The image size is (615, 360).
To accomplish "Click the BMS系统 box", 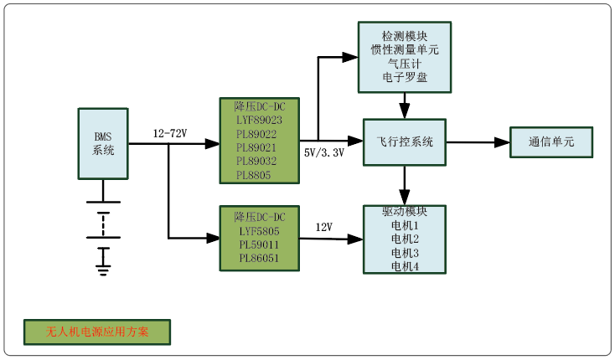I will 104,143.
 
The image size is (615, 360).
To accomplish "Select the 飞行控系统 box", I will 404,142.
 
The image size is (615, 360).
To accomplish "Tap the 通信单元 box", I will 551,142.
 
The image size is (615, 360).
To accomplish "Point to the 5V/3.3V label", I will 324,152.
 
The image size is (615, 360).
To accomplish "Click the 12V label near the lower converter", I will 323,227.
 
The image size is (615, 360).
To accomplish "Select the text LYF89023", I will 259,120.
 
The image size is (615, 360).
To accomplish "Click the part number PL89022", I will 259,133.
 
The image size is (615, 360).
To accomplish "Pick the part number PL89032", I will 259,161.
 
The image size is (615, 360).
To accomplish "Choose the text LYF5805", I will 259,229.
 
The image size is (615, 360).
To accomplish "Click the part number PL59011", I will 259,243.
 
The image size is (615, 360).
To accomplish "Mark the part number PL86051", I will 259,257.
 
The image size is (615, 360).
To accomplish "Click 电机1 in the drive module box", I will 405,226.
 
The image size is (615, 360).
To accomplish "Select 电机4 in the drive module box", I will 405,266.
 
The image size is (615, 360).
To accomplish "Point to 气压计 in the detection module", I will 405,64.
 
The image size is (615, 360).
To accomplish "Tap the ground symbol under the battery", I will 103,270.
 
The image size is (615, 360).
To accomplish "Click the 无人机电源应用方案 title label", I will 97,332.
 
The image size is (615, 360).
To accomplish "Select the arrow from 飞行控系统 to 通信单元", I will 478,142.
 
